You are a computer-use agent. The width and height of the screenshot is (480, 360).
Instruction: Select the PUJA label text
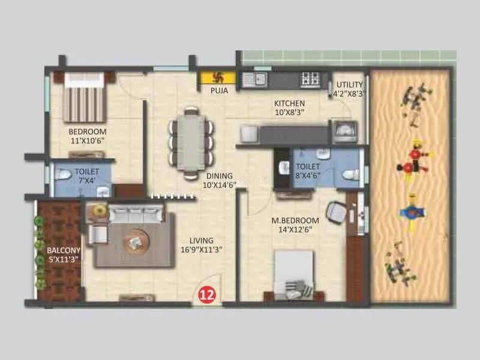tap(218, 91)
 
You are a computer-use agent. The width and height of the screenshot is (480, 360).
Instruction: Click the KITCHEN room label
tap(289, 103)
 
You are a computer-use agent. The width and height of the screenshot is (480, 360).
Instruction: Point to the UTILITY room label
tap(349, 85)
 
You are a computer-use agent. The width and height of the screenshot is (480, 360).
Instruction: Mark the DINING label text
tap(220, 176)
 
